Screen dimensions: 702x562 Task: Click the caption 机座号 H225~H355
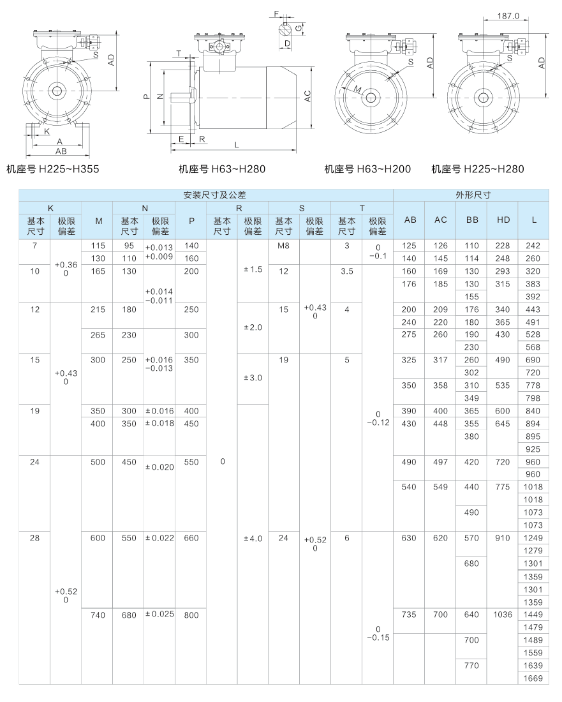click(x=52, y=169)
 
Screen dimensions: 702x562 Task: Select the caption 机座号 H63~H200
click(x=367, y=169)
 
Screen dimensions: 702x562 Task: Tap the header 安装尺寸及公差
click(x=205, y=195)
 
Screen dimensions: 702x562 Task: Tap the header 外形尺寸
click(x=471, y=195)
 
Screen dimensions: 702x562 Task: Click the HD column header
click(x=502, y=220)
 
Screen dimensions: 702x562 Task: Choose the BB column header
click(x=471, y=220)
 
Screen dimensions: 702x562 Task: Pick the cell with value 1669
click(x=533, y=678)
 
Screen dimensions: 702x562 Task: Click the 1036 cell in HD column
click(x=502, y=615)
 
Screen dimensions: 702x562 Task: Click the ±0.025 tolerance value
click(x=159, y=615)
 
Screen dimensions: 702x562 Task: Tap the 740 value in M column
click(x=98, y=615)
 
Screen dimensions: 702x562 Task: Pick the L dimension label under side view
click(x=237, y=145)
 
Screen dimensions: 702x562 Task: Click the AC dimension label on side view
click(x=307, y=96)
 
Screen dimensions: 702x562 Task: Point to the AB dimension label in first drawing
click(x=61, y=152)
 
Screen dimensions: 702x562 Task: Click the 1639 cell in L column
click(x=533, y=666)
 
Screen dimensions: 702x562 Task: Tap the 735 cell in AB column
click(x=410, y=615)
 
